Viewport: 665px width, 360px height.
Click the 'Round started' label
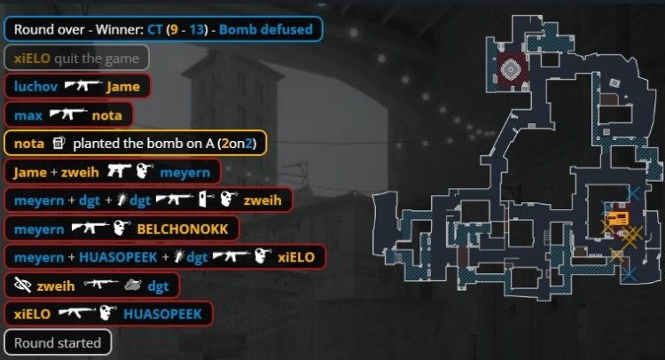coord(58,342)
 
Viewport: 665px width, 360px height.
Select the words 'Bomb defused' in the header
coord(266,29)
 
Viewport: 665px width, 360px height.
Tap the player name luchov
coord(35,87)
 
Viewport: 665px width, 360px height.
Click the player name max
coord(28,115)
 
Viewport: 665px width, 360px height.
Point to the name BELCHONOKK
coord(183,229)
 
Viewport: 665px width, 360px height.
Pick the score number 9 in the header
coord(174,29)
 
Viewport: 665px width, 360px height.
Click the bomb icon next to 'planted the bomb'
coord(59,143)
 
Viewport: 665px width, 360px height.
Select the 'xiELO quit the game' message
coord(76,59)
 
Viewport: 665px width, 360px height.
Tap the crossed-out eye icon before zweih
coord(22,286)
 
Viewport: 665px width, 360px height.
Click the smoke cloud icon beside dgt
coord(133,286)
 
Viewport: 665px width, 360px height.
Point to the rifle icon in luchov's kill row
coord(82,86)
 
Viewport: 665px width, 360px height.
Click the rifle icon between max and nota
coord(68,114)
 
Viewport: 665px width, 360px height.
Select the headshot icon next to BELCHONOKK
coord(121,229)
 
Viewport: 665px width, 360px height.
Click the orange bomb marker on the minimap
coord(617,219)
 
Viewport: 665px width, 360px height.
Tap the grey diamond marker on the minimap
coord(511,68)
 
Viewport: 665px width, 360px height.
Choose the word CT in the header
coord(155,29)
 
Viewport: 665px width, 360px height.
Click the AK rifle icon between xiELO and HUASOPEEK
coord(77,313)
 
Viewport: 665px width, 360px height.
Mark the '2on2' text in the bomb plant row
coord(237,144)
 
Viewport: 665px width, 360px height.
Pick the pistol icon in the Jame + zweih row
coord(119,171)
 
